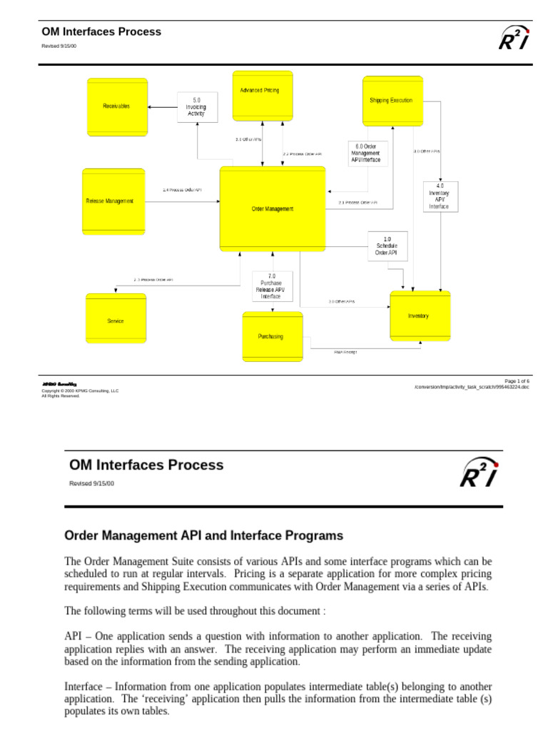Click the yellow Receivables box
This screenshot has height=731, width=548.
[117, 106]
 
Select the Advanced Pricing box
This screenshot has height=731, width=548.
[263, 95]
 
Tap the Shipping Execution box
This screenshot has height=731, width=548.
[392, 101]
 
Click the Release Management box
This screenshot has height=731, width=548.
[113, 201]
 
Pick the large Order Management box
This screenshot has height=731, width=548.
[273, 208]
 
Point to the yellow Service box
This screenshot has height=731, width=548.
[116, 321]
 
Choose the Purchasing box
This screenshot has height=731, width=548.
[273, 336]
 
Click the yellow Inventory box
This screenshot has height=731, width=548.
[420, 316]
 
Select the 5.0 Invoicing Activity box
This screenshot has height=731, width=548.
[197, 107]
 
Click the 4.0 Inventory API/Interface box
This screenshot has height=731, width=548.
[440, 196]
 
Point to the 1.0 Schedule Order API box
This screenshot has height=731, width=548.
[387, 246]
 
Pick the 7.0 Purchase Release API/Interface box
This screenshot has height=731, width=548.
[272, 286]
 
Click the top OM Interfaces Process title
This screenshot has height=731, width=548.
[101, 32]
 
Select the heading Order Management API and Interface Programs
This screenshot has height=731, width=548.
[204, 535]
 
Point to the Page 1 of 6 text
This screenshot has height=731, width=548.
[517, 381]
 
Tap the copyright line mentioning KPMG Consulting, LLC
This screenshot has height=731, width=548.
[80, 391]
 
